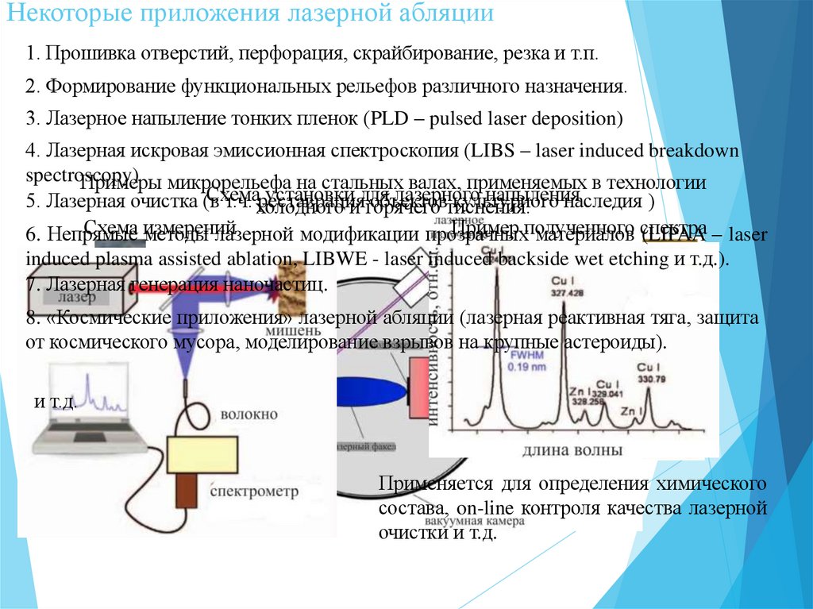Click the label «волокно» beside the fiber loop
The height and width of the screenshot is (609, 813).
click(x=249, y=414)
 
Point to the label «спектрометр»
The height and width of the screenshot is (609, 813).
click(x=255, y=491)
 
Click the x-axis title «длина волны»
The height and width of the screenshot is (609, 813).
click(x=572, y=450)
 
